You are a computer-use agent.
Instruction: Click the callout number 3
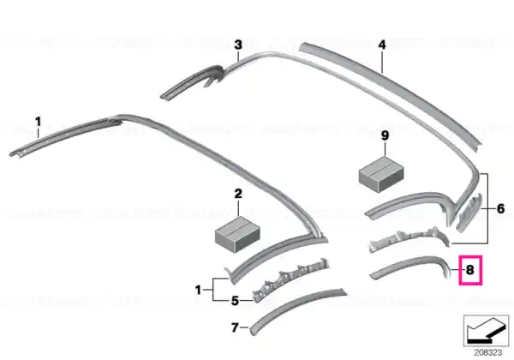pyautogui.click(x=238, y=45)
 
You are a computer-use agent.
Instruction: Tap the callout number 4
pyautogui.click(x=382, y=45)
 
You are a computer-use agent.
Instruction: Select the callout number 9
pyautogui.click(x=385, y=135)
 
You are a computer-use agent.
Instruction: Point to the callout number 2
pyautogui.click(x=238, y=194)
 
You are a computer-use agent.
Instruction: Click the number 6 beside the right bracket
pyautogui.click(x=500, y=208)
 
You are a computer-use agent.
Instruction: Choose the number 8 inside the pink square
pyautogui.click(x=470, y=270)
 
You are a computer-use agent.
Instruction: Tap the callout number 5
pyautogui.click(x=235, y=301)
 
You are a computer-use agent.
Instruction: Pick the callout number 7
pyautogui.click(x=235, y=327)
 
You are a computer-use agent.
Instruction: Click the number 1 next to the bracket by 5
pyautogui.click(x=198, y=290)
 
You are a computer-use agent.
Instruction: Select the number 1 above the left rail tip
pyautogui.click(x=39, y=122)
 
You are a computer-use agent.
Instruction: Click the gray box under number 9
pyautogui.click(x=381, y=173)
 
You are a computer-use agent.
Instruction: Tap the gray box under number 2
pyautogui.click(x=237, y=233)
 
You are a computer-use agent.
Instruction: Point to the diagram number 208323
pyautogui.click(x=488, y=352)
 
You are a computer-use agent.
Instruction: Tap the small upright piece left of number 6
pyautogui.click(x=469, y=213)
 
